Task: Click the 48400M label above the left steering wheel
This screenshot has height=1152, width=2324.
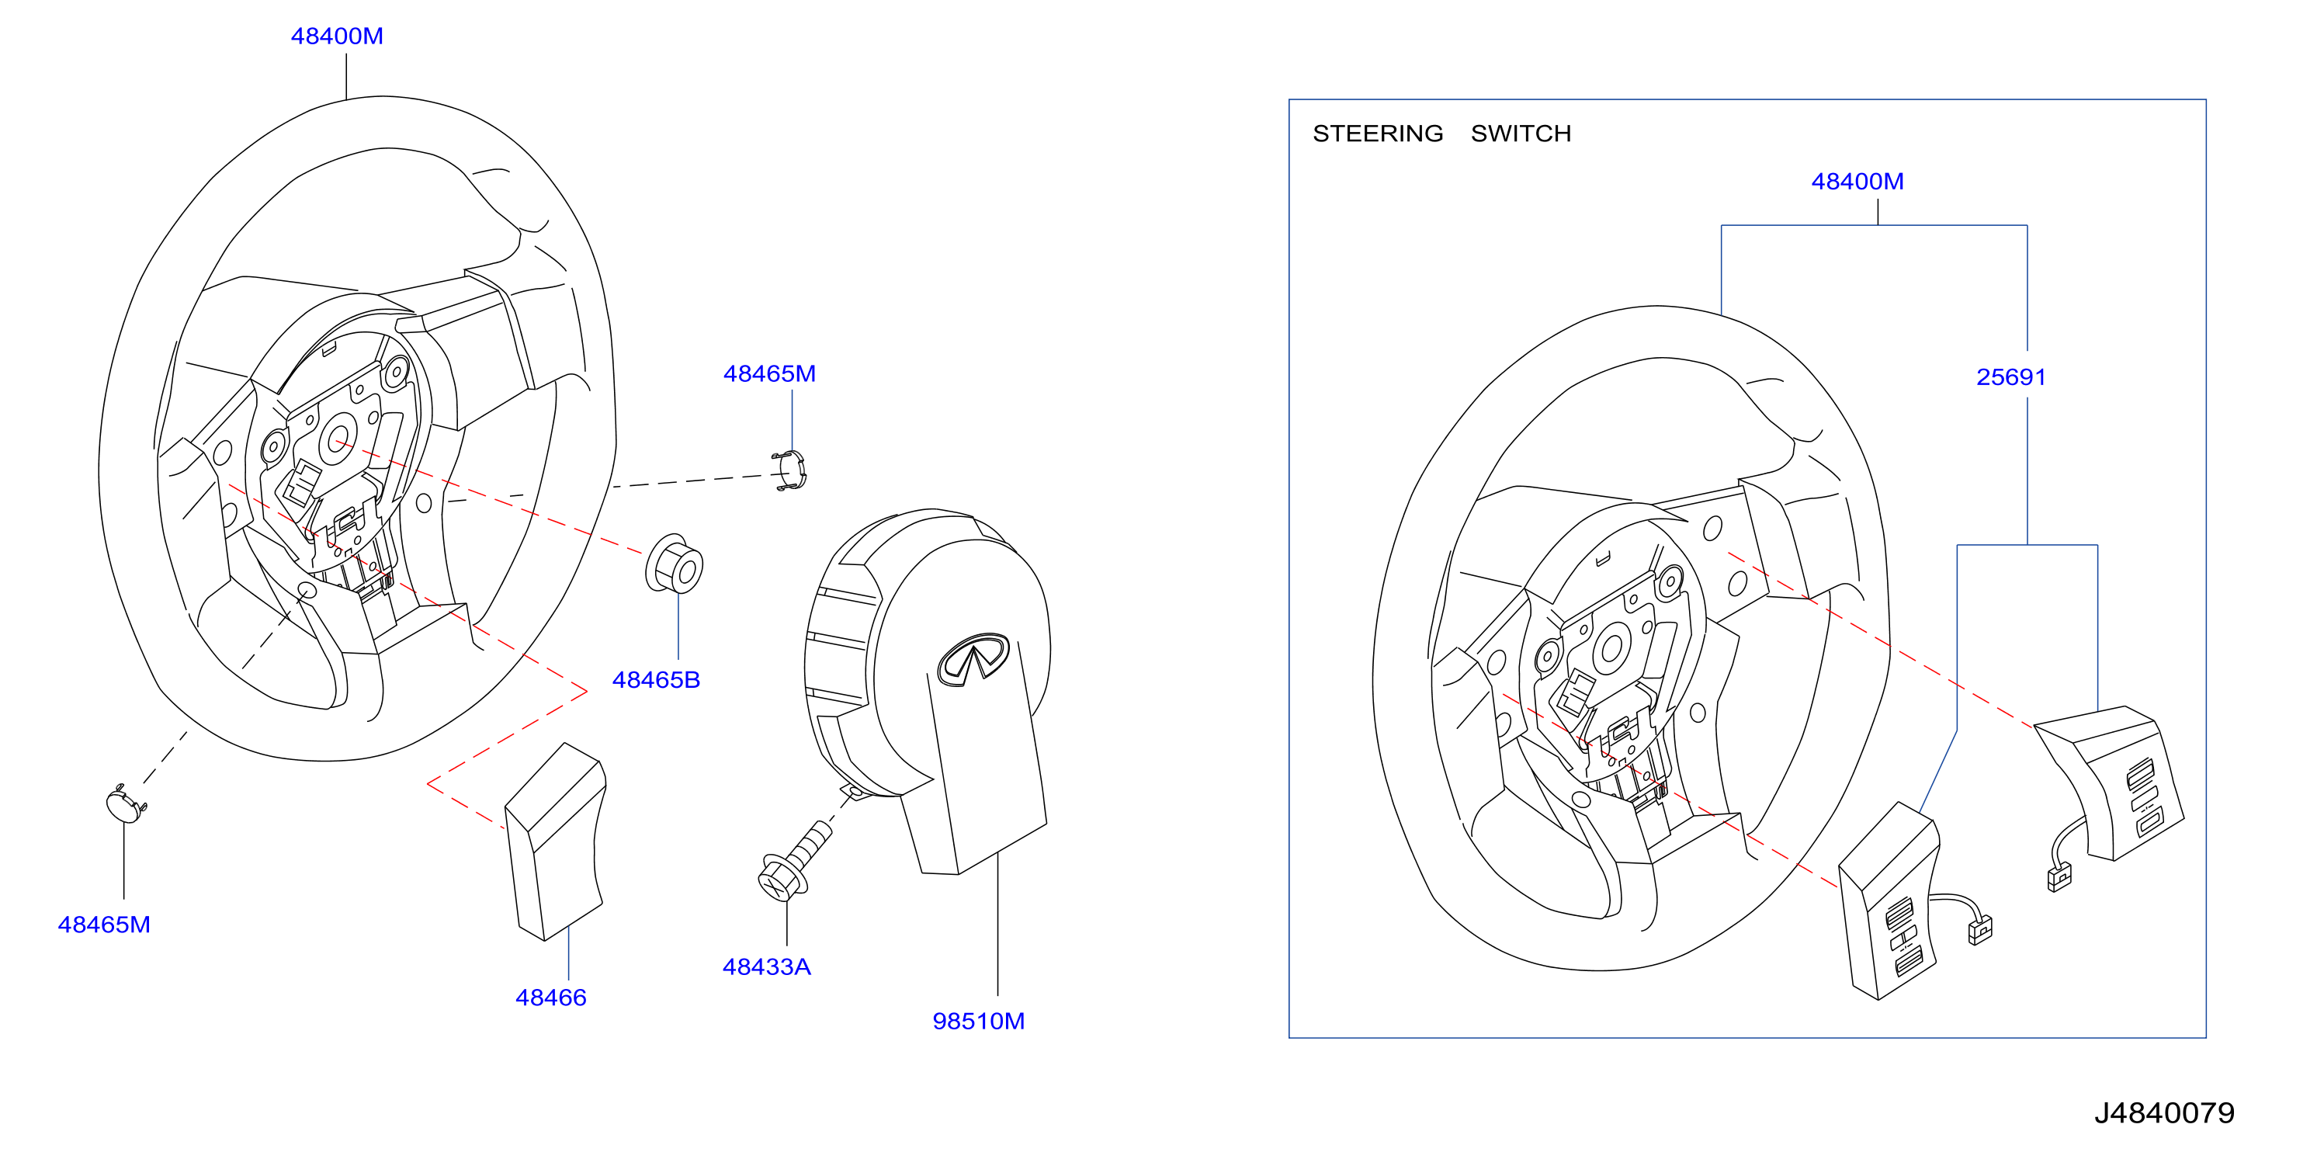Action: pyautogui.click(x=337, y=36)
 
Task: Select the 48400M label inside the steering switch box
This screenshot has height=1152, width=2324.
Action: pyautogui.click(x=1857, y=182)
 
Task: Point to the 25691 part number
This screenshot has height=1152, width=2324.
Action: pyautogui.click(x=2011, y=377)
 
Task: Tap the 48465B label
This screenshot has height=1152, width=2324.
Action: pyautogui.click(x=656, y=680)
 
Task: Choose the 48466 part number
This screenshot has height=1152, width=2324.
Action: pyautogui.click(x=550, y=998)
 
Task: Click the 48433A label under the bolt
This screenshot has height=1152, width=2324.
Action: pyautogui.click(x=767, y=967)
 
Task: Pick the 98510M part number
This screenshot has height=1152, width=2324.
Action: pyautogui.click(x=978, y=1021)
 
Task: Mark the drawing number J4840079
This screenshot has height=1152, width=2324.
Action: pyautogui.click(x=2163, y=1113)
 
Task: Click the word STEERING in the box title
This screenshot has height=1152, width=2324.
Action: pyautogui.click(x=1378, y=134)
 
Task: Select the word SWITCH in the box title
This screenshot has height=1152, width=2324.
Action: pyautogui.click(x=1521, y=134)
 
